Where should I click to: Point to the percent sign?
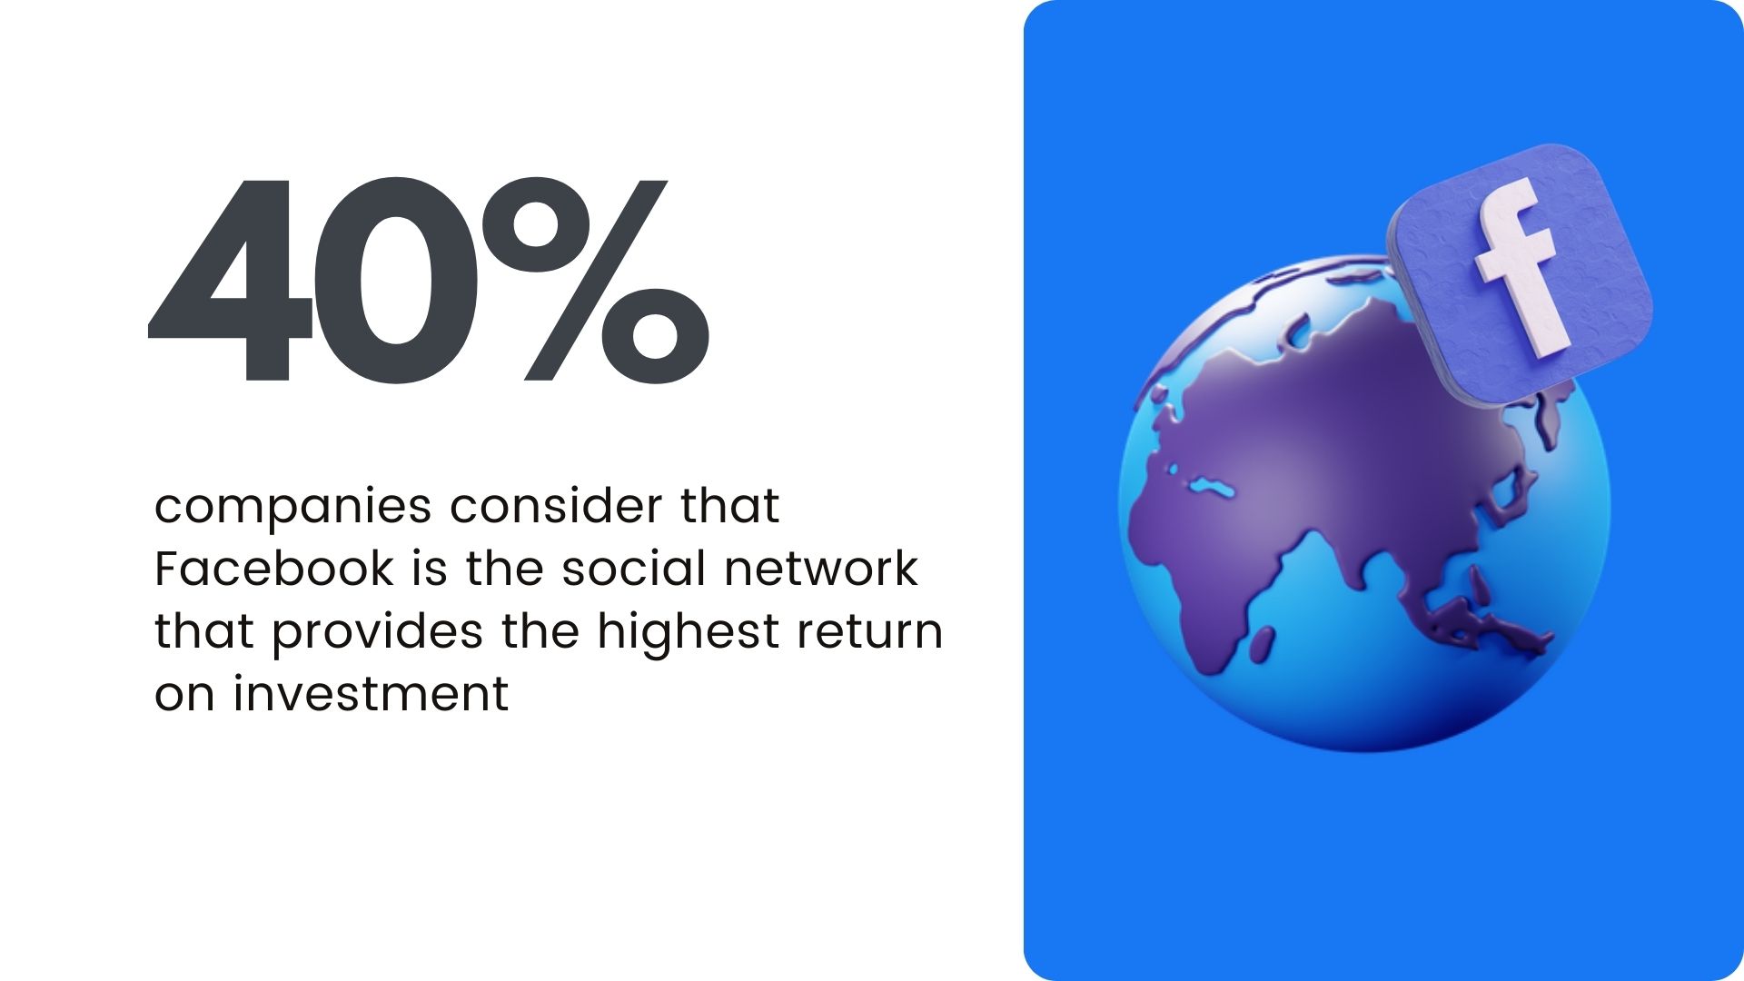click(596, 280)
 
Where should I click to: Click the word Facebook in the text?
click(274, 570)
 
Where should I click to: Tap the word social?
click(634, 569)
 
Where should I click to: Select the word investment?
click(371, 695)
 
